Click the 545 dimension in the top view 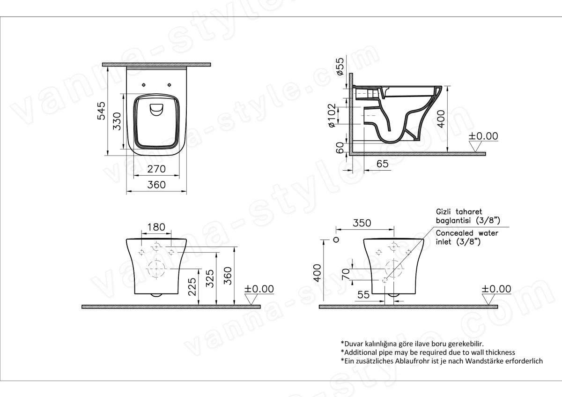[101, 111]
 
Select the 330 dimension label [117, 121]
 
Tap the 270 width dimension [156, 169]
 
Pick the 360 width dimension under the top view [156, 185]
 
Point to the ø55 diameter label [340, 67]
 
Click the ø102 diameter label [332, 115]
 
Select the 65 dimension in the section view [382, 164]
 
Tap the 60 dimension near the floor [340, 148]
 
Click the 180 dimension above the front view [156, 227]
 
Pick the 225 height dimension [192, 287]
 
